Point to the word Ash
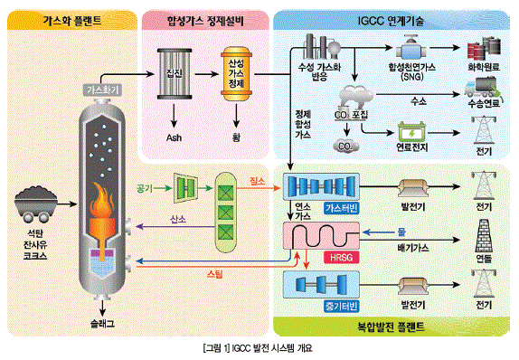coord(175,137)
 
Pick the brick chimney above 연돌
coord(485,238)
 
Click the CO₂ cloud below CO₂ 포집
coord(344,142)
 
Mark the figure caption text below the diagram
coord(259,347)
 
